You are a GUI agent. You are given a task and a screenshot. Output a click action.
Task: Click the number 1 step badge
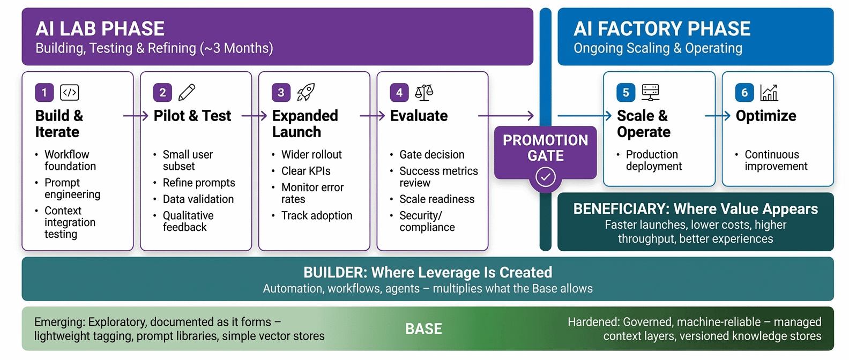point(44,93)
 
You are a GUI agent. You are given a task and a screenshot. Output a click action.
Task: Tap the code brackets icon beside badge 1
point(70,93)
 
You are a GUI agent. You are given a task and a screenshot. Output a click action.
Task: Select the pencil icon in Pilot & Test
point(187,92)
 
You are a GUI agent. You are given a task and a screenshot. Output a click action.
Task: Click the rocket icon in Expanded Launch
point(306,92)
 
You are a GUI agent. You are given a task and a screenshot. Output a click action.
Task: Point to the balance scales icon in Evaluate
point(424,92)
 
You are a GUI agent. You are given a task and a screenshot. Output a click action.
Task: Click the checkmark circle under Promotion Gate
point(545,177)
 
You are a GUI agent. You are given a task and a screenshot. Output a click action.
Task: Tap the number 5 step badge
point(625,93)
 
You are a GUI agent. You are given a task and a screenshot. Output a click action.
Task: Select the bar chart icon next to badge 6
point(769,93)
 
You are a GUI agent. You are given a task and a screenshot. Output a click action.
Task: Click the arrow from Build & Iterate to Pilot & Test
point(136,116)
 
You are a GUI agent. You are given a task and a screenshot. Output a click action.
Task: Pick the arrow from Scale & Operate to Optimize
point(717,116)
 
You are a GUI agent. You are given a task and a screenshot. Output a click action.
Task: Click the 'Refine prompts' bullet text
point(199,183)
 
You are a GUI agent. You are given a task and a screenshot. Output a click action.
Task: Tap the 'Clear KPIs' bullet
point(306,171)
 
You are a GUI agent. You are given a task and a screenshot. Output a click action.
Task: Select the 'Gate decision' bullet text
point(431,155)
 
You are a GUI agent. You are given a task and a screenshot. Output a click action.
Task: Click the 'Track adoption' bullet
point(317,215)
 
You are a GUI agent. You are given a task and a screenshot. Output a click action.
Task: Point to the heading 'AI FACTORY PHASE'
point(661,28)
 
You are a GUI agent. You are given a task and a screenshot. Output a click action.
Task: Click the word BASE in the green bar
point(423,329)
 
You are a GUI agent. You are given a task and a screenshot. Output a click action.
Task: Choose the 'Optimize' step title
point(765,116)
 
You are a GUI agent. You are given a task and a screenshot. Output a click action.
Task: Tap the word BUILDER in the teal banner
point(334,272)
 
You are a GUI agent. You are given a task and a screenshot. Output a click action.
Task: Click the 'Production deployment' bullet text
point(653,160)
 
